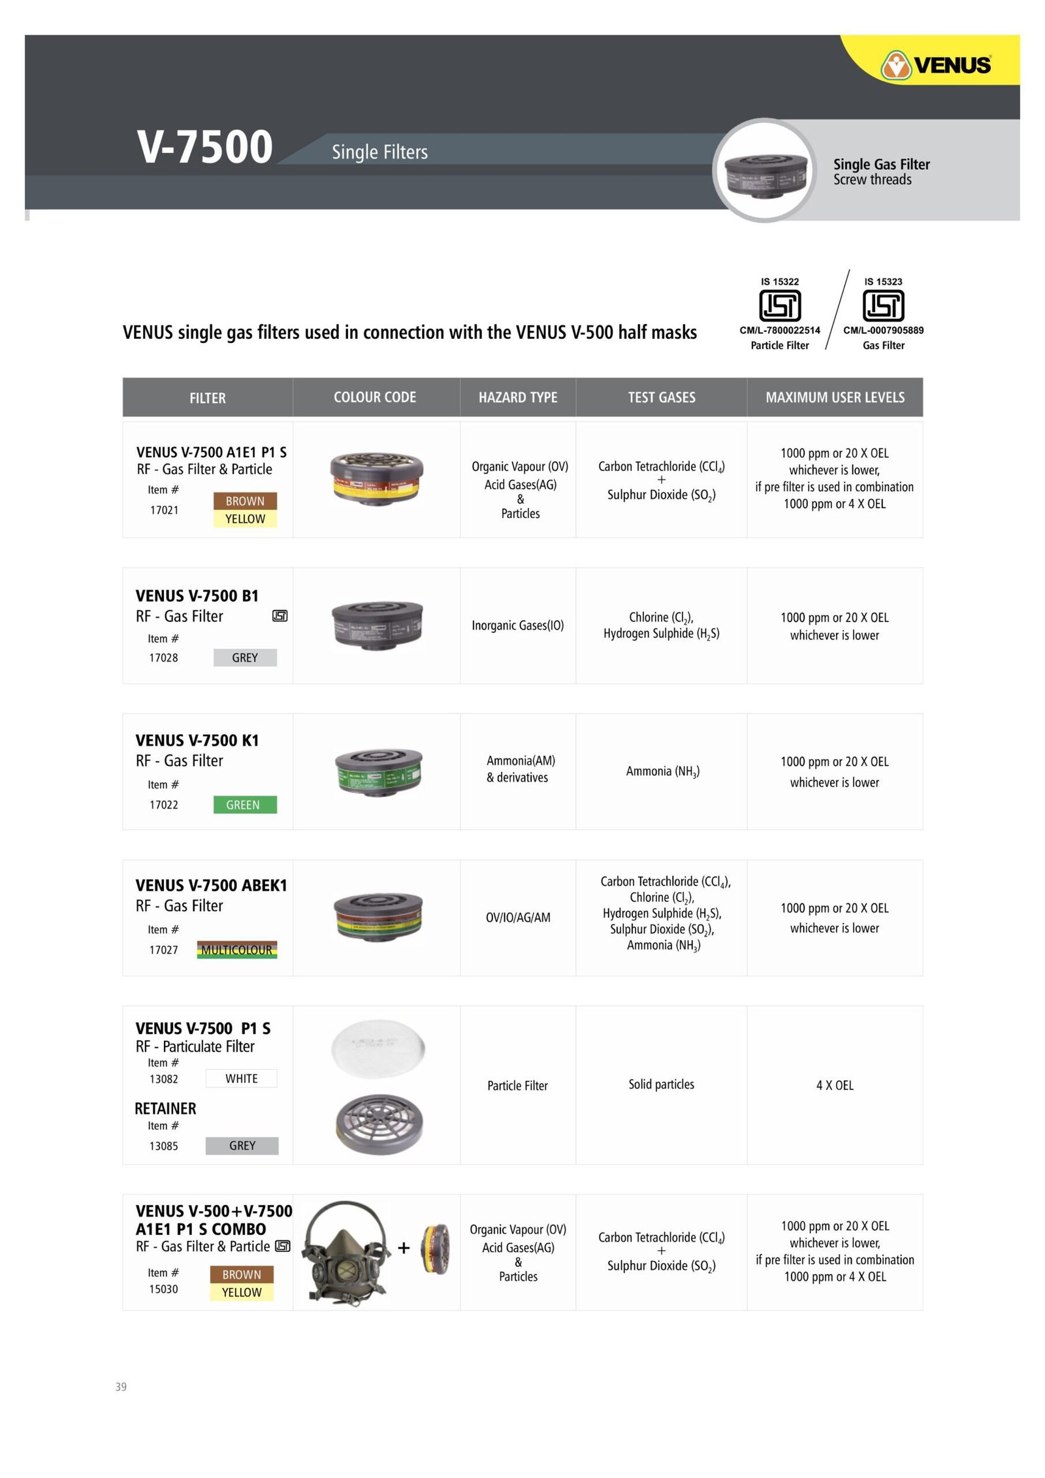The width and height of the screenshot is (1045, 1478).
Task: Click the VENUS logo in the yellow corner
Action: (x=936, y=65)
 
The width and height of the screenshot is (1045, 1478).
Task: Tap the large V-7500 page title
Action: (x=204, y=146)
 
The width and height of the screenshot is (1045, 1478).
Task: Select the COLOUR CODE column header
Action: (x=374, y=397)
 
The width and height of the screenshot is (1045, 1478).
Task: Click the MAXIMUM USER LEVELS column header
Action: (x=835, y=397)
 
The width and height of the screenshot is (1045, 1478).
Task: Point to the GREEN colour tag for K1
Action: (x=244, y=805)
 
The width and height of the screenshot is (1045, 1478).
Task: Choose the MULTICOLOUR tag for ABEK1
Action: (x=236, y=950)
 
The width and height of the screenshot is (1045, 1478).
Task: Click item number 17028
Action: (x=163, y=658)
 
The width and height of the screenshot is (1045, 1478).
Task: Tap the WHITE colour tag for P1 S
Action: (x=241, y=1078)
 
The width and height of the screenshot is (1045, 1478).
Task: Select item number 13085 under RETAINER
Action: (x=163, y=1146)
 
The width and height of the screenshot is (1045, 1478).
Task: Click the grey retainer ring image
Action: (x=378, y=1123)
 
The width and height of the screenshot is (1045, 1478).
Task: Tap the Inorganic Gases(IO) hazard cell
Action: (x=517, y=626)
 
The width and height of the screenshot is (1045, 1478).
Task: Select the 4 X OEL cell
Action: (x=835, y=1085)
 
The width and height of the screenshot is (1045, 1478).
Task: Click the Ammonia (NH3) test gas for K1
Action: (x=662, y=771)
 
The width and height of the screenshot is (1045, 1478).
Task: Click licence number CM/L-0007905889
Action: (x=883, y=330)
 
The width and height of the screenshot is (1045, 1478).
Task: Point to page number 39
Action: (x=121, y=1387)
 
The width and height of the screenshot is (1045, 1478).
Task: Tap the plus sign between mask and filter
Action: (x=404, y=1248)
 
